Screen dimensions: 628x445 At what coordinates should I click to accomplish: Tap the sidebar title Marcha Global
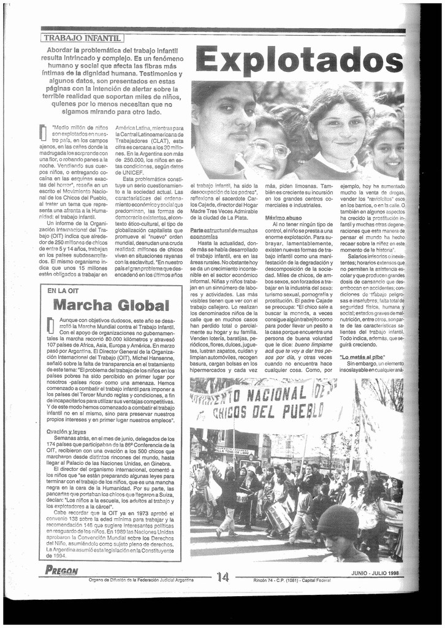[111, 305]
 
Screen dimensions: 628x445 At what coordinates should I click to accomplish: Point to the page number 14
[222, 576]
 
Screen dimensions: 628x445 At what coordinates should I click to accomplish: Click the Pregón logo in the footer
[61, 570]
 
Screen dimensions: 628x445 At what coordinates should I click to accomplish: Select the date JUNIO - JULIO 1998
[375, 573]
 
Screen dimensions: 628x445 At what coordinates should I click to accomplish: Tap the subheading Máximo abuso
[283, 218]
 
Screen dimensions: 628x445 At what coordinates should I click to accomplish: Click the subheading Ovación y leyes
[66, 431]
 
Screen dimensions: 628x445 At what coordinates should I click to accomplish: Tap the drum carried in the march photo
[280, 516]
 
